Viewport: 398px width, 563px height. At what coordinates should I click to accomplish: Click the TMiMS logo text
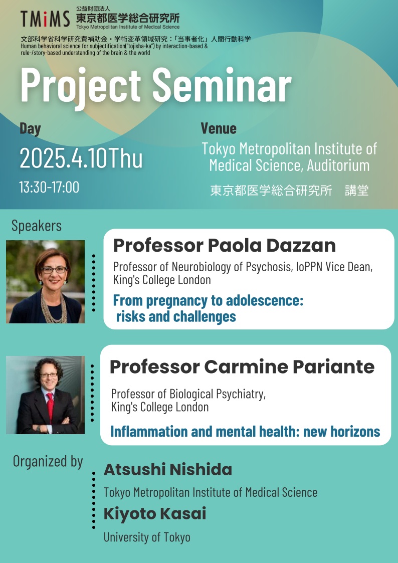click(x=45, y=19)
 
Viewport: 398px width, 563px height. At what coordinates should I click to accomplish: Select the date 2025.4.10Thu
click(x=81, y=158)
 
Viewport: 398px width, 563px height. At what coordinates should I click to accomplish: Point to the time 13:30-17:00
click(x=49, y=187)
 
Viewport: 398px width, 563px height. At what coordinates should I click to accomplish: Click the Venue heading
click(x=219, y=128)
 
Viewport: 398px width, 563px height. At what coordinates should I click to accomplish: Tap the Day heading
click(x=30, y=129)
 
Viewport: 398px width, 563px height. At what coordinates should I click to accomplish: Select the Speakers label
click(x=37, y=226)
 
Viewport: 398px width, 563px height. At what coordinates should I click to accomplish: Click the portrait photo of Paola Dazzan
click(x=45, y=282)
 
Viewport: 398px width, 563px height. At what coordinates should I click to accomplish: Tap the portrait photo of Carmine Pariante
click(x=45, y=395)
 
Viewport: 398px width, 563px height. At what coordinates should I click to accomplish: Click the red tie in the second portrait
click(x=50, y=408)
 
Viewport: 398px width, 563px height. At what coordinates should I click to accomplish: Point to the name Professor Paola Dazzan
click(x=225, y=246)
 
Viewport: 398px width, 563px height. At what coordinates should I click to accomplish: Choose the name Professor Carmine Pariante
click(x=242, y=366)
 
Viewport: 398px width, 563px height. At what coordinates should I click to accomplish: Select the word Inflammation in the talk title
click(x=149, y=431)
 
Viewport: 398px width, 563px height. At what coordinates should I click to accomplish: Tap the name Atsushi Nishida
click(x=168, y=470)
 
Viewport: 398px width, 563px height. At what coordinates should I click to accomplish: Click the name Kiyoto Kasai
click(x=155, y=514)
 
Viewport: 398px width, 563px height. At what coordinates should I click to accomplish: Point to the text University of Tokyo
click(x=147, y=537)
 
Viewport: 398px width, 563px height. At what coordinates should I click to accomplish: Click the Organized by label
click(x=48, y=462)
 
